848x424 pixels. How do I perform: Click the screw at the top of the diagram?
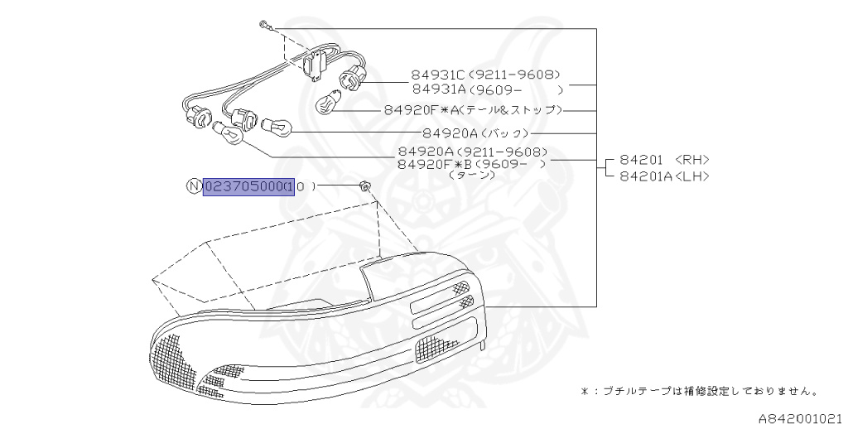tap(262, 26)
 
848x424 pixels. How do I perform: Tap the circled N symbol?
tap(194, 187)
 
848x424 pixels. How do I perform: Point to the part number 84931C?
tap(438, 75)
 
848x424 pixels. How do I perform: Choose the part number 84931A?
tap(438, 89)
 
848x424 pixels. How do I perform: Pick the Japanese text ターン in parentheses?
tap(470, 176)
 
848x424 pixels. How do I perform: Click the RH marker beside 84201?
tap(692, 161)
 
